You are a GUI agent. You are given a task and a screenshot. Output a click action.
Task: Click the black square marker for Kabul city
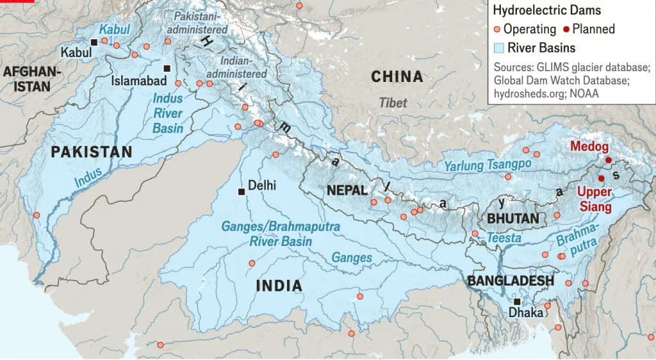point(94,42)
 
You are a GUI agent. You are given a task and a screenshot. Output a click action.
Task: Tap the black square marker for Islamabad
point(167,68)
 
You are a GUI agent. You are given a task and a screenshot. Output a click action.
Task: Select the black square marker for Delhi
point(241,191)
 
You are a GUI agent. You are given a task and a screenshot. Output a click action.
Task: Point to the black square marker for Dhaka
point(516,302)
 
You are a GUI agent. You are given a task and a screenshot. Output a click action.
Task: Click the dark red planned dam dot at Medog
point(608,160)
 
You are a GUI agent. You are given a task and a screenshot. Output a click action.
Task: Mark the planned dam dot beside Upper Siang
point(601,178)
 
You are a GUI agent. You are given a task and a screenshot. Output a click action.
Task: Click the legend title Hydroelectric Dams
point(546,10)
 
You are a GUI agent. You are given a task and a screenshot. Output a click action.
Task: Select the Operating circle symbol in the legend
point(497,29)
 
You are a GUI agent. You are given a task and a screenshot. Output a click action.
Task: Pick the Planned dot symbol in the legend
point(566,29)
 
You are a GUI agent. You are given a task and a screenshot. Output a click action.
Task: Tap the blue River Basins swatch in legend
point(498,47)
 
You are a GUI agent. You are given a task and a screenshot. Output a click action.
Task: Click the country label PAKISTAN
point(92,152)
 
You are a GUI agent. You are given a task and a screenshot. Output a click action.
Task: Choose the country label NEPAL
point(347,190)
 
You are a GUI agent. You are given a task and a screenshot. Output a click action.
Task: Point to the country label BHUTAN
point(512,218)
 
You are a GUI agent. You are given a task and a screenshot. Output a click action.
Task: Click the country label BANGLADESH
point(510,281)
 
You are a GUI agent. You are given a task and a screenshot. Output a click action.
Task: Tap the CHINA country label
point(397,77)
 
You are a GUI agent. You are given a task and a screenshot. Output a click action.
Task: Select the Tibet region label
point(392,102)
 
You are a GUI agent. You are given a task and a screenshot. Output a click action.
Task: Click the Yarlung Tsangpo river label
point(488,165)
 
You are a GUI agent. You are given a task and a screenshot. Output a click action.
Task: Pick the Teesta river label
point(504,238)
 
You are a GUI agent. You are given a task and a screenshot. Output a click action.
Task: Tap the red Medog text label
point(589,147)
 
